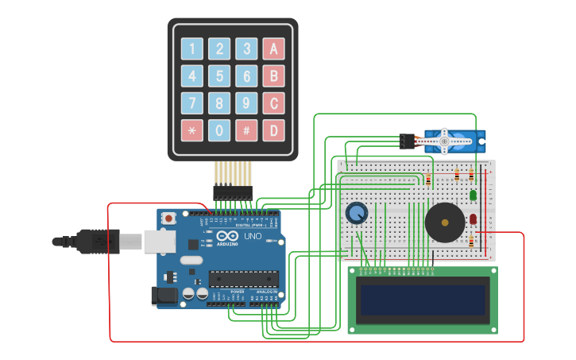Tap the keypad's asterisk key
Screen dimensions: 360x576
(x=191, y=130)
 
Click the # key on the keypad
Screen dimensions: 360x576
(x=246, y=130)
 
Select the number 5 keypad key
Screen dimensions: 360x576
(x=219, y=76)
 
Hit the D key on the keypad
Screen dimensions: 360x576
(x=274, y=130)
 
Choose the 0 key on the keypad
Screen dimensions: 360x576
(x=219, y=130)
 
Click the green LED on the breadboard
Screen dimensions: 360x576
(x=473, y=195)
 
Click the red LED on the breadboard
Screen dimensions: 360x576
(x=473, y=219)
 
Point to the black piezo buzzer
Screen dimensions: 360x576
(x=445, y=223)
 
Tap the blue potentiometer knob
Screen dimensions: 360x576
(x=357, y=213)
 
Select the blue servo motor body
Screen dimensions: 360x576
(x=453, y=141)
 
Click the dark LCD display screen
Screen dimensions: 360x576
(x=423, y=300)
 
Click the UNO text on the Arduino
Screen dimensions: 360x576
(x=252, y=236)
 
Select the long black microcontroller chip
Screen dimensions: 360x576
(x=244, y=279)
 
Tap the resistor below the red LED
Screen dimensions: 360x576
(x=471, y=241)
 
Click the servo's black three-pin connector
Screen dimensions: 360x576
(x=407, y=141)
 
